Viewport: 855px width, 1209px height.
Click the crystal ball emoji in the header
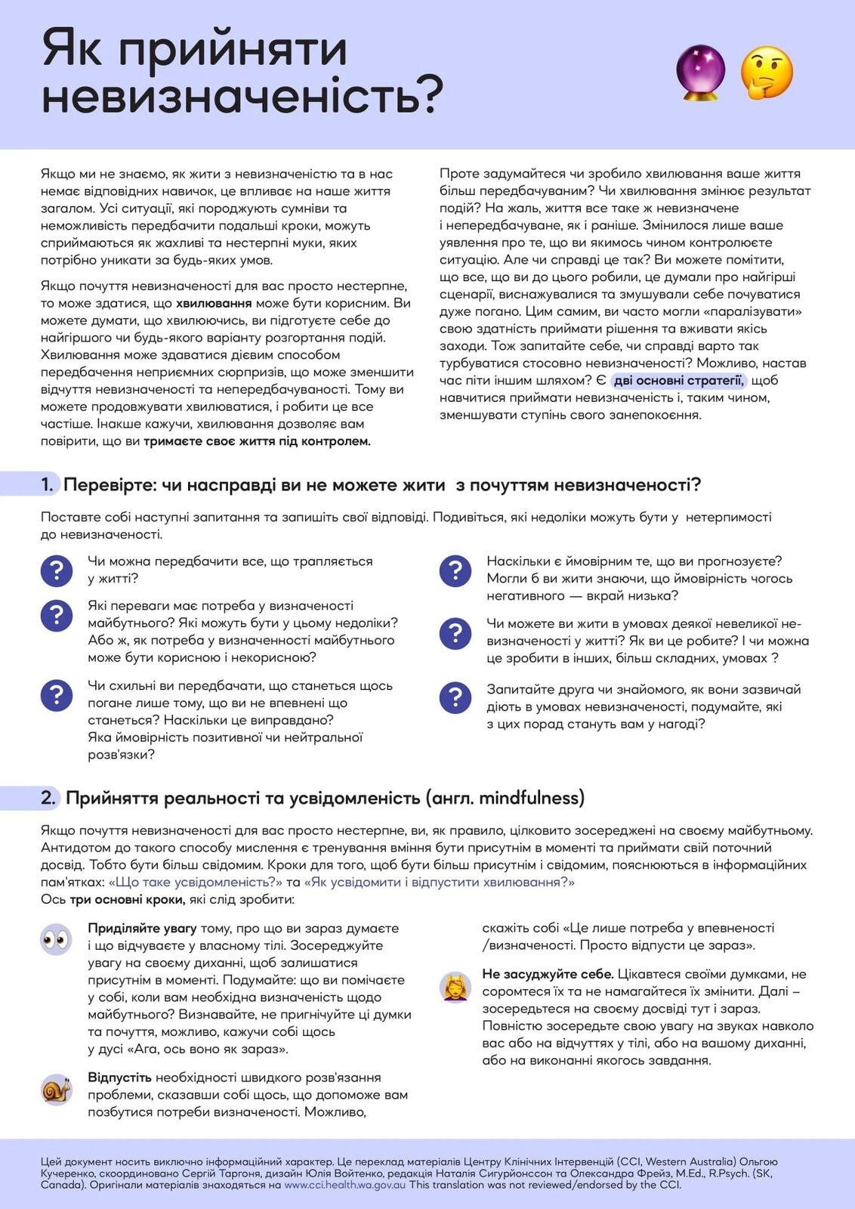[x=700, y=73]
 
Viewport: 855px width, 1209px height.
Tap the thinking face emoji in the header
[x=766, y=73]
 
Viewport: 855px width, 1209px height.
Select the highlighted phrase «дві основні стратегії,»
[x=678, y=381]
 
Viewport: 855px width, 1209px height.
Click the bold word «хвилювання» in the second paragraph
[x=214, y=304]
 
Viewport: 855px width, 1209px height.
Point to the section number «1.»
[x=47, y=485]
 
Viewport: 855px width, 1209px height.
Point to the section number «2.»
[x=48, y=798]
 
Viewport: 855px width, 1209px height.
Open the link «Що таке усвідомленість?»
[x=195, y=883]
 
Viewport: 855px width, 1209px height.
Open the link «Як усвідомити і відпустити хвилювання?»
[x=439, y=883]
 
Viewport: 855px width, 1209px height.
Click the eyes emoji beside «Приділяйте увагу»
[x=56, y=940]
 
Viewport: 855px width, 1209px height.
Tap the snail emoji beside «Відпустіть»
[x=56, y=1090]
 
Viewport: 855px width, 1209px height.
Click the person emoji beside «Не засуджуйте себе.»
[x=455, y=987]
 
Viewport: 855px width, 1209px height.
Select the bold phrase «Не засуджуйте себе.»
[x=548, y=975]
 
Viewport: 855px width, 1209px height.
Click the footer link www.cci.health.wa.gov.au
[x=344, y=1185]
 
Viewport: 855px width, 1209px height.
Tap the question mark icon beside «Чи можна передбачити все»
[x=56, y=570]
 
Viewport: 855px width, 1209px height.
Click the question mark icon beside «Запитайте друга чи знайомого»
[x=455, y=698]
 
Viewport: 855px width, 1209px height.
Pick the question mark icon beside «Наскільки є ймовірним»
[x=455, y=570]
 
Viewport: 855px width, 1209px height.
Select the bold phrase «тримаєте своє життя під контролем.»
[x=257, y=441]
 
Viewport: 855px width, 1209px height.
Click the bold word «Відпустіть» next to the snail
[x=119, y=1078]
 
